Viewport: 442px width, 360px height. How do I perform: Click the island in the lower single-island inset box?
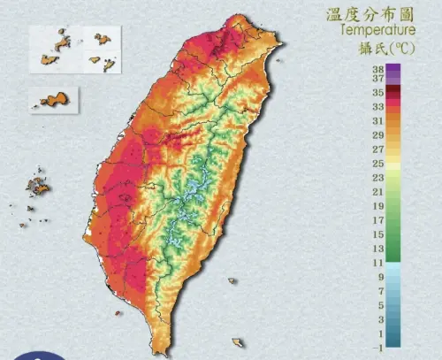(55, 101)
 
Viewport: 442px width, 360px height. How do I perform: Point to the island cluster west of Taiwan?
(37, 186)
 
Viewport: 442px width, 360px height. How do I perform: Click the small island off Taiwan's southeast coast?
(232, 282)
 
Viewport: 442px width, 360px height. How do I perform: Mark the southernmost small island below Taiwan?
(237, 342)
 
